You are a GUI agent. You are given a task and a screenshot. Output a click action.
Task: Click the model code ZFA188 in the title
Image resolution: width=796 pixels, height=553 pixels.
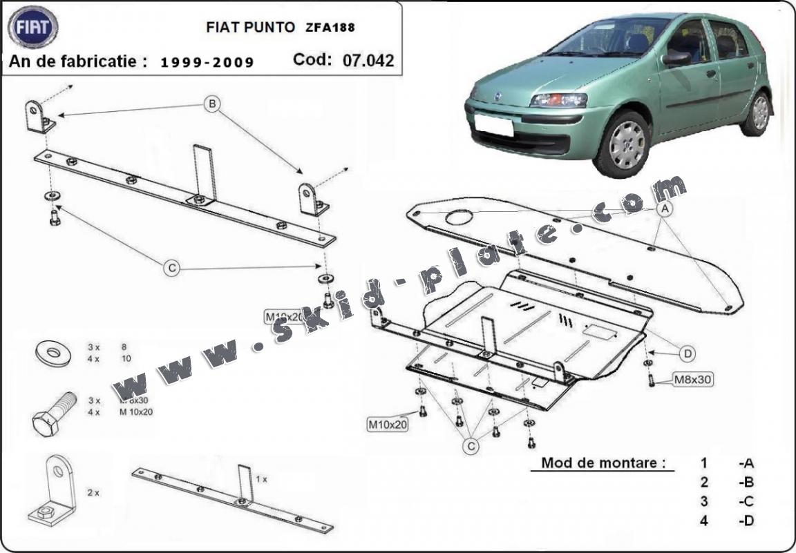tap(331, 28)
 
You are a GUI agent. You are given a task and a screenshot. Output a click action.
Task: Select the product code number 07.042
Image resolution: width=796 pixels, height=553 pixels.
tap(368, 60)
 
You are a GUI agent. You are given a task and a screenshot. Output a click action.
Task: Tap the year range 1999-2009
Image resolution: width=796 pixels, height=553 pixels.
tap(207, 62)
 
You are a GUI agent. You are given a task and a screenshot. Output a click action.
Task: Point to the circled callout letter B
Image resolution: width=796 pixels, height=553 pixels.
tap(213, 105)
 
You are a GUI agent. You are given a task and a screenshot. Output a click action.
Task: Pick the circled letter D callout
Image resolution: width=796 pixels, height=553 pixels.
tap(688, 354)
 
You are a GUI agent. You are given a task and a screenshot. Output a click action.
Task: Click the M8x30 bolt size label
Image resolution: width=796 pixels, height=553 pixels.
tap(692, 378)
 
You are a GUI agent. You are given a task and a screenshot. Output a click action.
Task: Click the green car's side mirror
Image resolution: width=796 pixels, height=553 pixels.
tap(675, 59)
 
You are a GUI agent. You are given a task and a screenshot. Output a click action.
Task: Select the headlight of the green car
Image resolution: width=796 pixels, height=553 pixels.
tap(558, 100)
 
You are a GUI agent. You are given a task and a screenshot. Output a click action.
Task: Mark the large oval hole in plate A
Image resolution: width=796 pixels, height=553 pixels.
tap(459, 218)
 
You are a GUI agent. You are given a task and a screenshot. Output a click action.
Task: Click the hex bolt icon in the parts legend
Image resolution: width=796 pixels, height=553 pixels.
tap(53, 413)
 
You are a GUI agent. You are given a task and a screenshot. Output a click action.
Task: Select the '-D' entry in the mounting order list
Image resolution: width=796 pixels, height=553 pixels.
tap(746, 521)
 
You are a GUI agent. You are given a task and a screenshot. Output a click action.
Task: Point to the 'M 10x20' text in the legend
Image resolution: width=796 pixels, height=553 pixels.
tap(136, 412)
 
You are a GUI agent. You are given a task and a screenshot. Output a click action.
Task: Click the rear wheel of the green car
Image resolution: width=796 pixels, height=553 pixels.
tap(759, 113)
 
